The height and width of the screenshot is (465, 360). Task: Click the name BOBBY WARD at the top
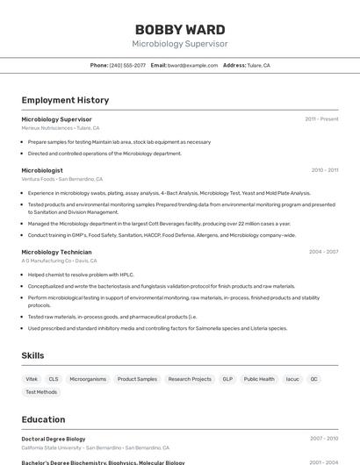[x=179, y=29]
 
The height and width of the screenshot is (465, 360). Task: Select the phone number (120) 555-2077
[x=128, y=66]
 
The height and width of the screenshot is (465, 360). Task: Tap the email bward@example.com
[x=192, y=66]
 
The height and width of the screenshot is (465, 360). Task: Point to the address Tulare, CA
[x=258, y=66]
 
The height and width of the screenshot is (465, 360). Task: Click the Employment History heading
[x=65, y=101]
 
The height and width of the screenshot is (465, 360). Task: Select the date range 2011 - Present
[x=321, y=119]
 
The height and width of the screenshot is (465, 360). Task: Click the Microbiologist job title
[x=42, y=170]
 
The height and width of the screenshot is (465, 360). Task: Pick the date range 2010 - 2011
[x=324, y=170]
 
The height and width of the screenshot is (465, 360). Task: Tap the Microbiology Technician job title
[x=56, y=252]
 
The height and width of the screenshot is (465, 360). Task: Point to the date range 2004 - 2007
[x=323, y=252]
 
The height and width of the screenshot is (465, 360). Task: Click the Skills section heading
[x=32, y=355]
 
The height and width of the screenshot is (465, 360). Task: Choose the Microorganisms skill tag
[x=88, y=379]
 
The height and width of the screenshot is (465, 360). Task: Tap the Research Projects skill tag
[x=190, y=379]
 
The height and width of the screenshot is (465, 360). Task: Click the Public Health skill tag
[x=259, y=379]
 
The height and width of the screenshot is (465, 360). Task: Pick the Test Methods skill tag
[x=41, y=392]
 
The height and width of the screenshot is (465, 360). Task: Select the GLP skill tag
[x=227, y=379]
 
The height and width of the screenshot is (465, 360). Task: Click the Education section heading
[x=43, y=419]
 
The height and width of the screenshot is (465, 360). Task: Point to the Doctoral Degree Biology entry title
[x=54, y=439]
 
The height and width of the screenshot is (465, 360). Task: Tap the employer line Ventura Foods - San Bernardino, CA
[x=61, y=179]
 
